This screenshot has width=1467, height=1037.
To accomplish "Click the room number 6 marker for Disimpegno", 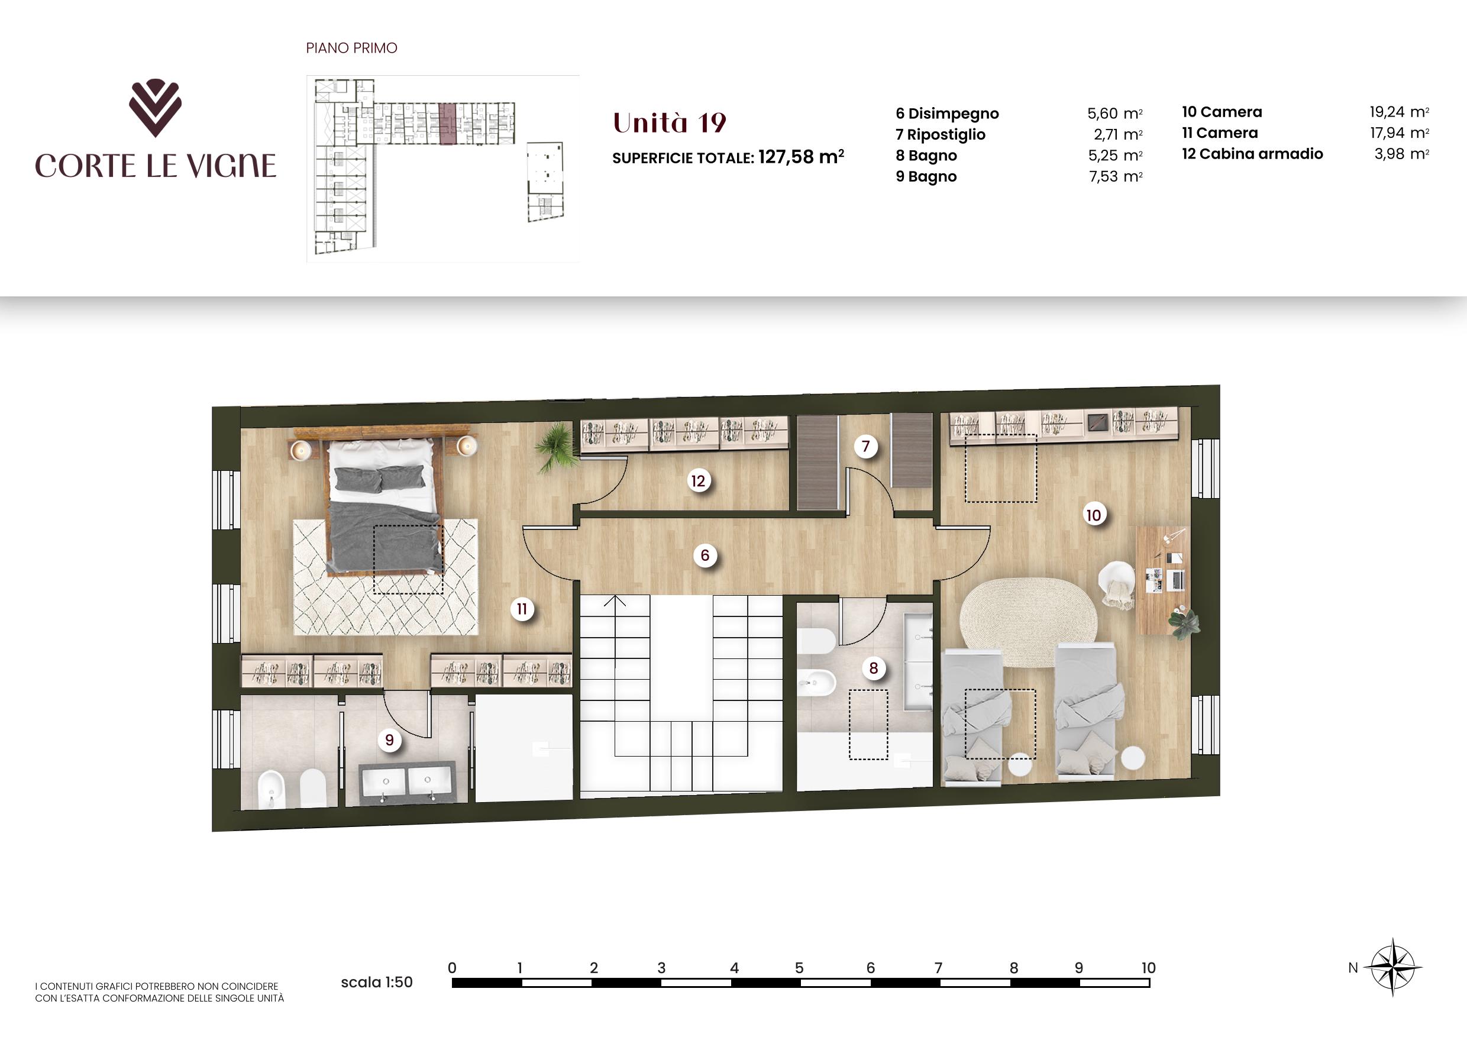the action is tap(705, 555).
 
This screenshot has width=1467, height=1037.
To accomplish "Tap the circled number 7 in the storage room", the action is tap(866, 446).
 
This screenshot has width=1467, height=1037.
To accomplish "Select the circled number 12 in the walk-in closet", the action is tap(698, 480).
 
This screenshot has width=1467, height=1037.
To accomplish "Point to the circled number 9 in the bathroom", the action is tap(389, 740).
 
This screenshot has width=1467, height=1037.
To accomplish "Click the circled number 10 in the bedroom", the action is tap(1093, 515).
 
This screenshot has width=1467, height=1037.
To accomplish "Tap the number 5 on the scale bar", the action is tap(799, 968).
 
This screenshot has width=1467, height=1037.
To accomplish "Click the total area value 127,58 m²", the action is tap(801, 157).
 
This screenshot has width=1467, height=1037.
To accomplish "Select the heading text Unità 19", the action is tap(670, 122).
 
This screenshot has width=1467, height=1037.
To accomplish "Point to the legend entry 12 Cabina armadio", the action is tap(1252, 154).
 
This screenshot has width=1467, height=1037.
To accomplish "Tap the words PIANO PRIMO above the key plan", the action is tap(351, 48).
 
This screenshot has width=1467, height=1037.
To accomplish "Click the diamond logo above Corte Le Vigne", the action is tap(155, 107).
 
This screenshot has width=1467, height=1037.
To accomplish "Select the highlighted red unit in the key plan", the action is tap(448, 122).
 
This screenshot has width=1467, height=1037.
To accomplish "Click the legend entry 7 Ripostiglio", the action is tap(941, 135).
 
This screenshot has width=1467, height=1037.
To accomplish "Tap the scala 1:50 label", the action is tap(377, 982).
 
